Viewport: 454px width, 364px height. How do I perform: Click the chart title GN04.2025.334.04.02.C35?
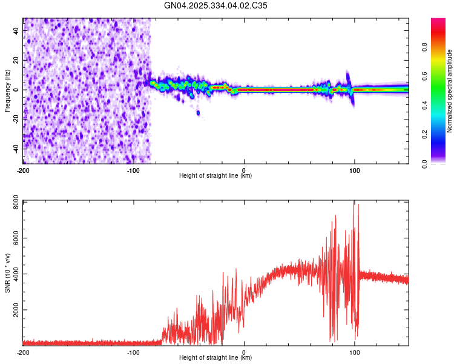tap(216, 5)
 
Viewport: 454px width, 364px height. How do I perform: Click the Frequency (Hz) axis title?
tap(7, 91)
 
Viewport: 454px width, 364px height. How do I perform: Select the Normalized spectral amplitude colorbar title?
tap(450, 91)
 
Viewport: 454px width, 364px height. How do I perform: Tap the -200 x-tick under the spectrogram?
tap(23, 170)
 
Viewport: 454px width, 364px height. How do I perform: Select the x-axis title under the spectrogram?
tap(215, 176)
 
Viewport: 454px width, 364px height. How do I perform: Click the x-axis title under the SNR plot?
tap(215, 358)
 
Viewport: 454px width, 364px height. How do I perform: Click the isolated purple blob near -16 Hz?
tap(198, 113)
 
